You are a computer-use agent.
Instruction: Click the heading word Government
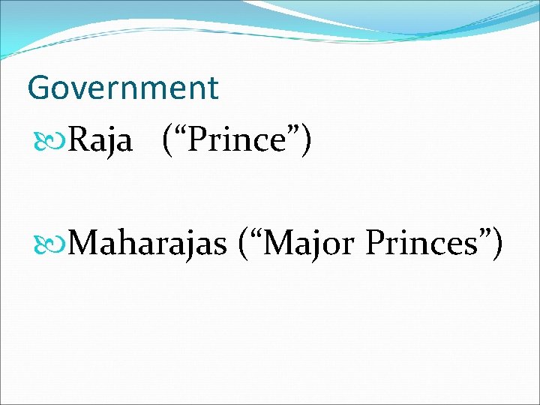tap(122, 88)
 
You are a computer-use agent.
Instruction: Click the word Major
tap(307, 244)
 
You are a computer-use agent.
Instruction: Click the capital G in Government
tap(38, 88)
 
